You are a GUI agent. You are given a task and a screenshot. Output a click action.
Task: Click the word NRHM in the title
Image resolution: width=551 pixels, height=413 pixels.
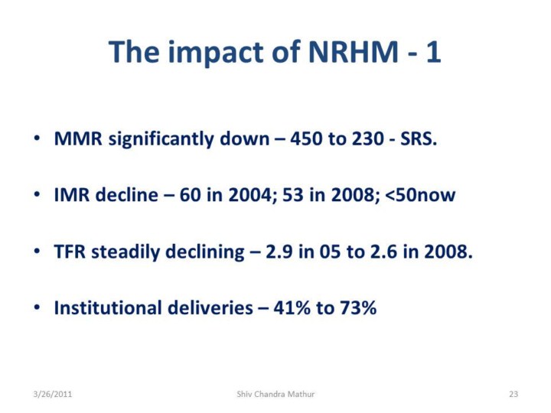354,52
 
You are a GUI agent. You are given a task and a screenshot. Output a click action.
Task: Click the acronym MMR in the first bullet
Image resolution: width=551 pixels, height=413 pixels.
78,138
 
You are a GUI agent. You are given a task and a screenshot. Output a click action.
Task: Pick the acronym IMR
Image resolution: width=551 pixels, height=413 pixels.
72,194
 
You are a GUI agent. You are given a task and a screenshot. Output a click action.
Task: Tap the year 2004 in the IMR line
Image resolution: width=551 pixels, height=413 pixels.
249,194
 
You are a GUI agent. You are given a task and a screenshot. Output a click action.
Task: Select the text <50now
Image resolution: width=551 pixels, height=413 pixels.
420,195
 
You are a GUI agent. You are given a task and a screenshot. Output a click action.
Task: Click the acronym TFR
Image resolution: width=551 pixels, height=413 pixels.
70,252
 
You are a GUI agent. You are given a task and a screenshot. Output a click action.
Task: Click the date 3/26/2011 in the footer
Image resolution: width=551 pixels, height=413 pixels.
52,394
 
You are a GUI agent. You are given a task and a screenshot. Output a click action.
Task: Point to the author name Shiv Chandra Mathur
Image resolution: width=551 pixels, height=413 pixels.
275,394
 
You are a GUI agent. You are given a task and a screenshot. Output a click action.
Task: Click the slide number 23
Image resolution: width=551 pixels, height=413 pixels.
514,394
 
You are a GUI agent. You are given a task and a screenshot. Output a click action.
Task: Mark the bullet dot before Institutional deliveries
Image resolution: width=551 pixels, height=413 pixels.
37,307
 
